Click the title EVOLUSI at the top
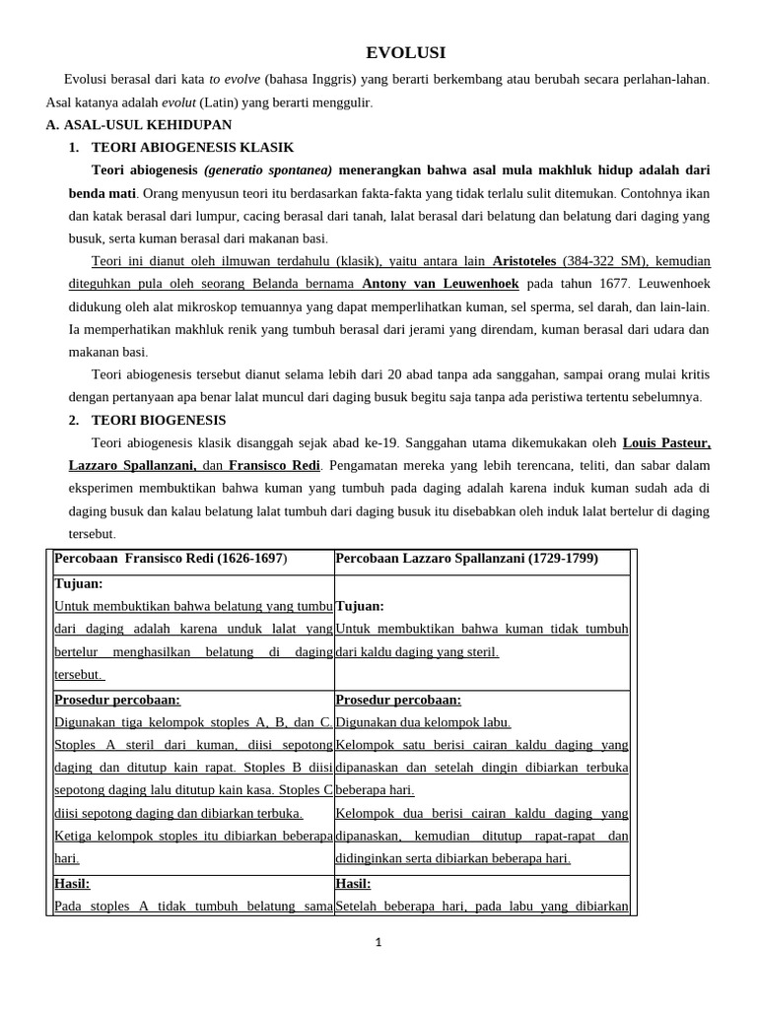pos(406,53)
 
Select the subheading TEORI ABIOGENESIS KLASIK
pos(193,148)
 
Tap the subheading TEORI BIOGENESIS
pos(159,421)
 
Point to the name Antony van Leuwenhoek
pos(441,284)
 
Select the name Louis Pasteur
pos(666,443)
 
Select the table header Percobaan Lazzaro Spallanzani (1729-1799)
pos(466,559)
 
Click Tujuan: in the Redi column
pos(79,584)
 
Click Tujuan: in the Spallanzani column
pos(360,607)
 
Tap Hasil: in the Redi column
pos(72,885)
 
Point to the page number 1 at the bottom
pos(378,943)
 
